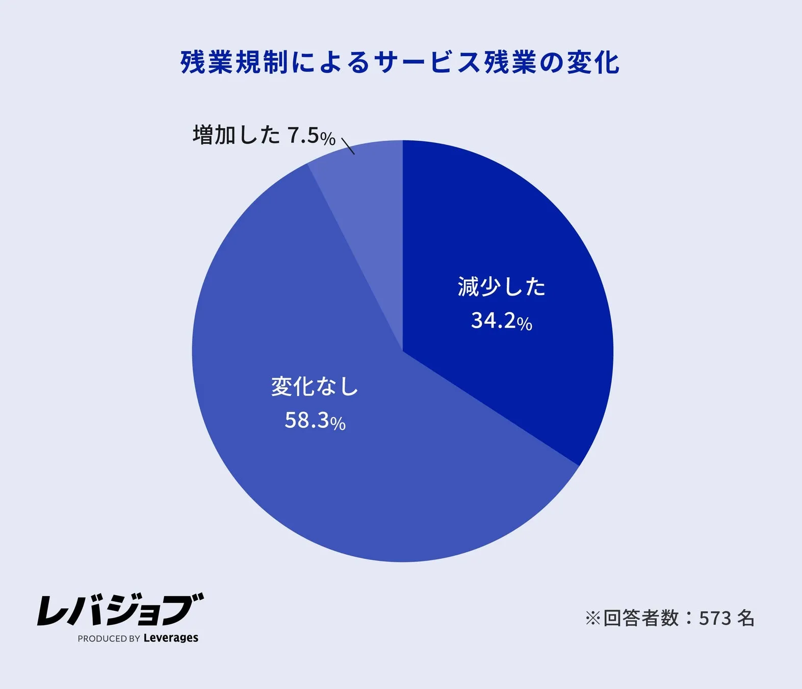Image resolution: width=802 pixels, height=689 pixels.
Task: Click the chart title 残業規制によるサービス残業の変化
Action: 400,62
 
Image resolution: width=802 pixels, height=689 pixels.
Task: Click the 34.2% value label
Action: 502,321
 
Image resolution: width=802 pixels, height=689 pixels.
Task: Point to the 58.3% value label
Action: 315,421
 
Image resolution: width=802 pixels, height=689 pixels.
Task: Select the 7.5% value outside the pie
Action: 312,136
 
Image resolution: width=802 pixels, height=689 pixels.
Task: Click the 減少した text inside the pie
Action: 502,287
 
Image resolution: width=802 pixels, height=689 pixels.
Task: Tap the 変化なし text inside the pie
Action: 315,386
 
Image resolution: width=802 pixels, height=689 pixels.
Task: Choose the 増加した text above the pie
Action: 237,135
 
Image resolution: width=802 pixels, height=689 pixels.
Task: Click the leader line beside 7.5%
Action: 348,146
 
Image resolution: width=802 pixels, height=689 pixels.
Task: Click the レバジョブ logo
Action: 120,610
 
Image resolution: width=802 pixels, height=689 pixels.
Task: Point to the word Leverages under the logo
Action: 171,638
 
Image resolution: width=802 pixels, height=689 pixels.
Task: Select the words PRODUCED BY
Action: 109,638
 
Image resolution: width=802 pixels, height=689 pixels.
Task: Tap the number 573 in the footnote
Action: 715,619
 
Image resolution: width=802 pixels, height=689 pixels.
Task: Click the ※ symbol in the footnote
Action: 593,619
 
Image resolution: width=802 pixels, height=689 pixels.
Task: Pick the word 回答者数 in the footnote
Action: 641,619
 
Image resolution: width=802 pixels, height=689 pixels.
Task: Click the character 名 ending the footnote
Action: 746,618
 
